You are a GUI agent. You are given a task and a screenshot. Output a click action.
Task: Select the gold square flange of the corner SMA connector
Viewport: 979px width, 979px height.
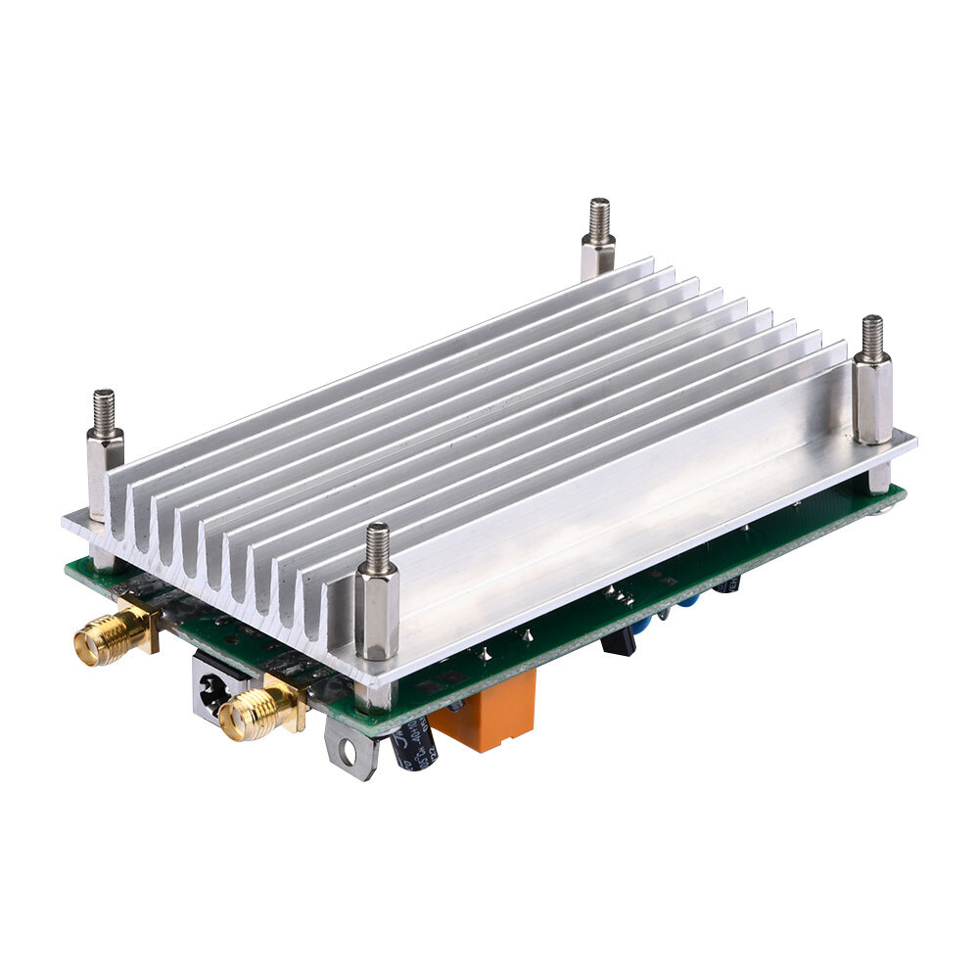coord(144,627)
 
